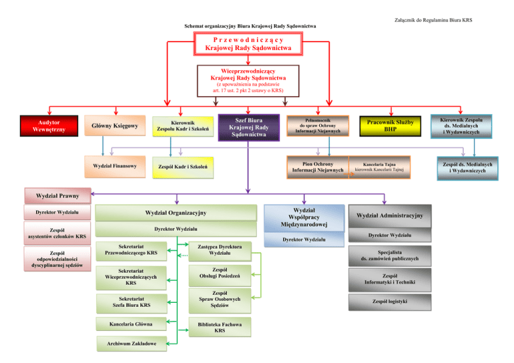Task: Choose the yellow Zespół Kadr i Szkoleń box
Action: pyautogui.click(x=183, y=166)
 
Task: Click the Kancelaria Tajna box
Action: pyautogui.click(x=379, y=166)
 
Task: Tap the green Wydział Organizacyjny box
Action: pyautogui.click(x=176, y=213)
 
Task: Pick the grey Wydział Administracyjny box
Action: pyautogui.click(x=390, y=215)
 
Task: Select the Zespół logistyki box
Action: pyautogui.click(x=390, y=301)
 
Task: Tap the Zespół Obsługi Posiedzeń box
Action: pyautogui.click(x=220, y=273)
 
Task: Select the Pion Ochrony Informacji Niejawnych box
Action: pyautogui.click(x=318, y=166)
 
